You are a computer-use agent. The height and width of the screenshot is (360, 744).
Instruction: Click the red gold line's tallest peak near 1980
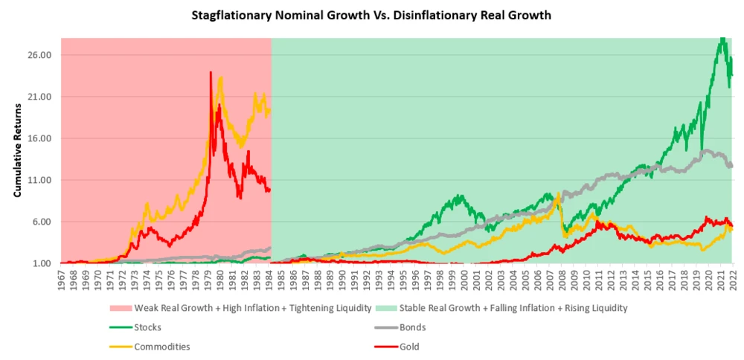(x=211, y=73)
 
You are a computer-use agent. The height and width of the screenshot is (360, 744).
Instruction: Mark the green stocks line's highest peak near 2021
(x=722, y=39)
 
